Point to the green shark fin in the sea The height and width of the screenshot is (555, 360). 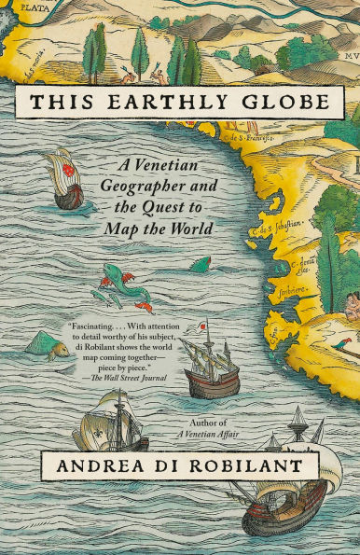click(x=200, y=266)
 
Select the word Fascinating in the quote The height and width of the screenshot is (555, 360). click(x=99, y=327)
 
